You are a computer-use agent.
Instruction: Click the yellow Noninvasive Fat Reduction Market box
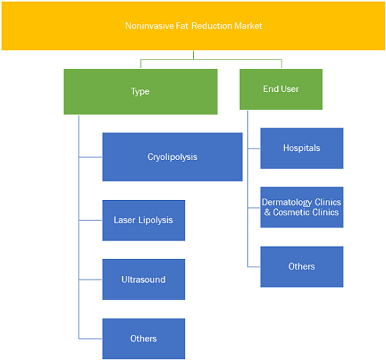(x=193, y=26)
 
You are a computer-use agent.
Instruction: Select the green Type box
(x=140, y=91)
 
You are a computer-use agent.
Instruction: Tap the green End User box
(x=281, y=89)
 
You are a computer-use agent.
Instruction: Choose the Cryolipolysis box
(x=173, y=157)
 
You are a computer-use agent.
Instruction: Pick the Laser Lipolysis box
(x=144, y=220)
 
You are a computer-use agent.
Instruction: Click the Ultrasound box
(x=144, y=279)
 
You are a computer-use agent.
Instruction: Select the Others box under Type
(x=144, y=339)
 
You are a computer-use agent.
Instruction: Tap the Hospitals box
(x=302, y=148)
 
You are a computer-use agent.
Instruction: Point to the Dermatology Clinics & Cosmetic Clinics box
(x=302, y=207)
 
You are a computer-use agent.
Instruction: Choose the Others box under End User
(x=302, y=267)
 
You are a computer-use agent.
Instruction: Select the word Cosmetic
(x=293, y=212)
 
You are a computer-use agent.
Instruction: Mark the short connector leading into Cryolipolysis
(x=91, y=157)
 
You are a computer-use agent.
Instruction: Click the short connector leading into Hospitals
(x=254, y=149)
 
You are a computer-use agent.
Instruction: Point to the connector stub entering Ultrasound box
(x=91, y=279)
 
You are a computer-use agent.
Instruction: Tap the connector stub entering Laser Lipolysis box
(x=91, y=220)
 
